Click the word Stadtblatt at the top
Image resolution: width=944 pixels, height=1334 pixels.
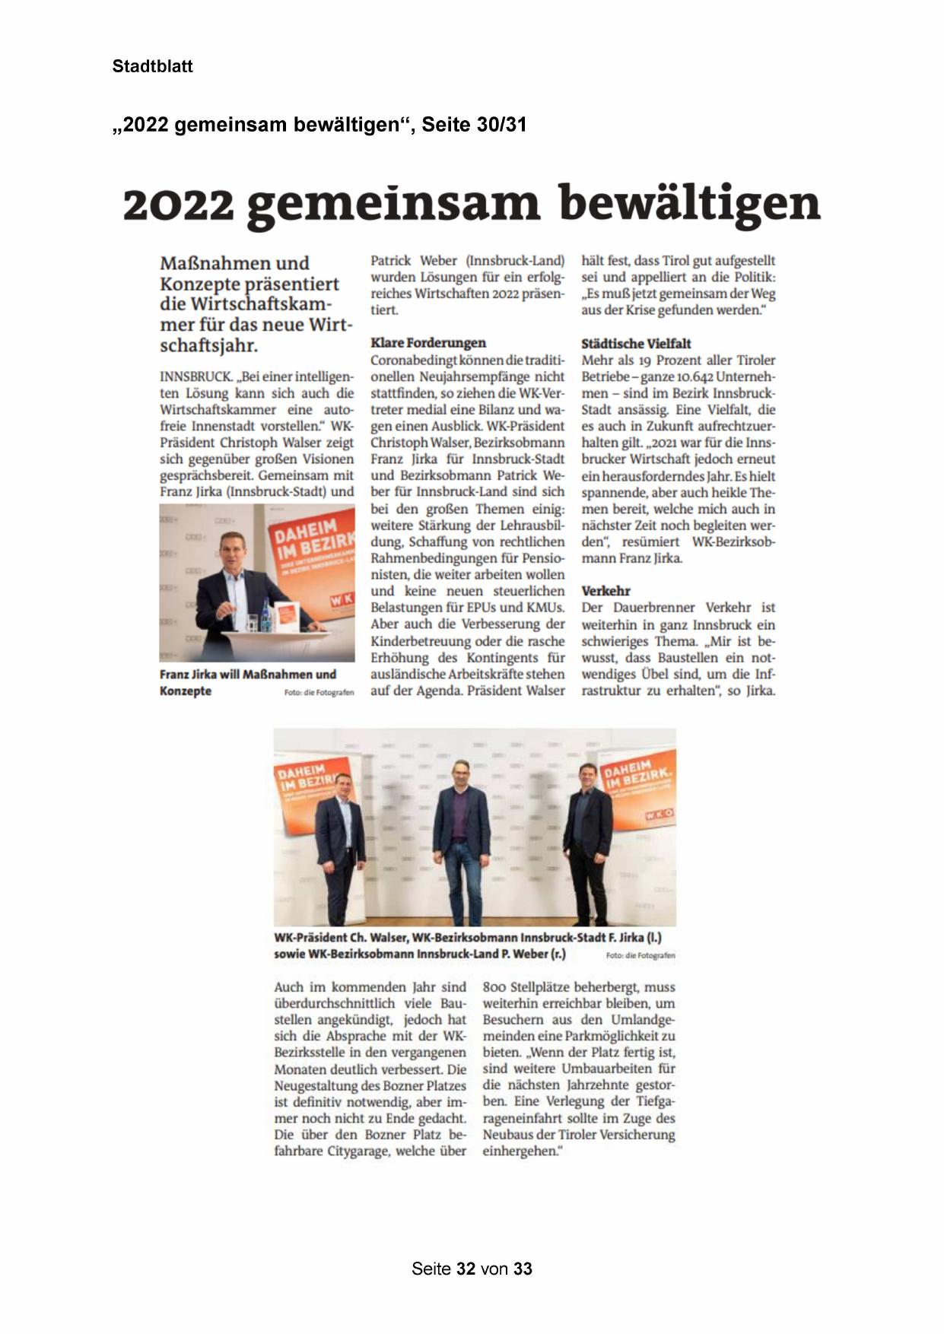coord(152,66)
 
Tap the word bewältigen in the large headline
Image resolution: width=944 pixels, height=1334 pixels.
coord(689,204)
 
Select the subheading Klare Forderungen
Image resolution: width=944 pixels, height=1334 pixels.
coord(428,343)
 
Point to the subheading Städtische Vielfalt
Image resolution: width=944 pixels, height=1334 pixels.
coord(636,344)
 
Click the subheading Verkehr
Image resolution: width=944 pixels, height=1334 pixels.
coord(605,591)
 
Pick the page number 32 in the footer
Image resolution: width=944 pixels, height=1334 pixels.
coord(466,1269)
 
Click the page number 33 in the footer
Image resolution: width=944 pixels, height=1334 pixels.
coord(523,1269)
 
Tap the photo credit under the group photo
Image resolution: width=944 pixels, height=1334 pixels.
coord(640,955)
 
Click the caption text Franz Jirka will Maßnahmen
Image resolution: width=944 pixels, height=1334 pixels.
coord(247,675)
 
